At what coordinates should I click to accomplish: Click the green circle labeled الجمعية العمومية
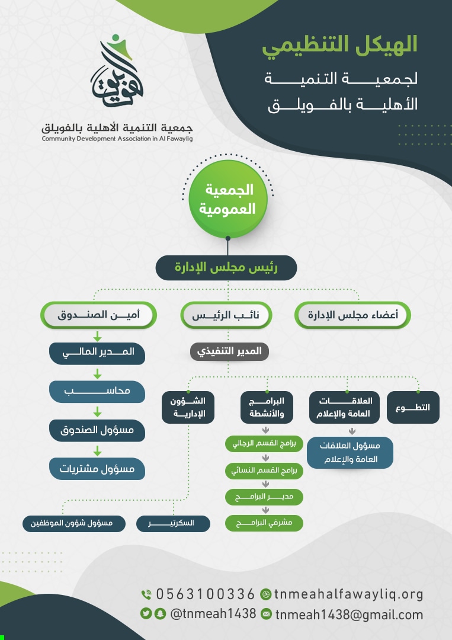(228, 200)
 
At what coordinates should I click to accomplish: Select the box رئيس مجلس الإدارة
(226, 267)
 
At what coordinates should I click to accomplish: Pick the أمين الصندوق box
(98, 315)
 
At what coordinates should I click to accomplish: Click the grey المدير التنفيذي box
(229, 351)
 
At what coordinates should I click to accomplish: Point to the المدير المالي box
(97, 352)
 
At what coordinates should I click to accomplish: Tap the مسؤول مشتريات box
(97, 468)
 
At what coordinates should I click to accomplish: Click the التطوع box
(413, 407)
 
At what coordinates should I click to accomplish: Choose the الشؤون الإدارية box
(187, 407)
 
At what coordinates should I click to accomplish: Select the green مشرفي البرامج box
(264, 523)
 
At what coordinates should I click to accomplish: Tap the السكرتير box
(173, 523)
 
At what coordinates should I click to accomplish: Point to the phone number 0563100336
(206, 594)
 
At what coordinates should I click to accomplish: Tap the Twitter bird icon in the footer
(146, 613)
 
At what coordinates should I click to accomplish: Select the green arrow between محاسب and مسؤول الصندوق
(97, 412)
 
